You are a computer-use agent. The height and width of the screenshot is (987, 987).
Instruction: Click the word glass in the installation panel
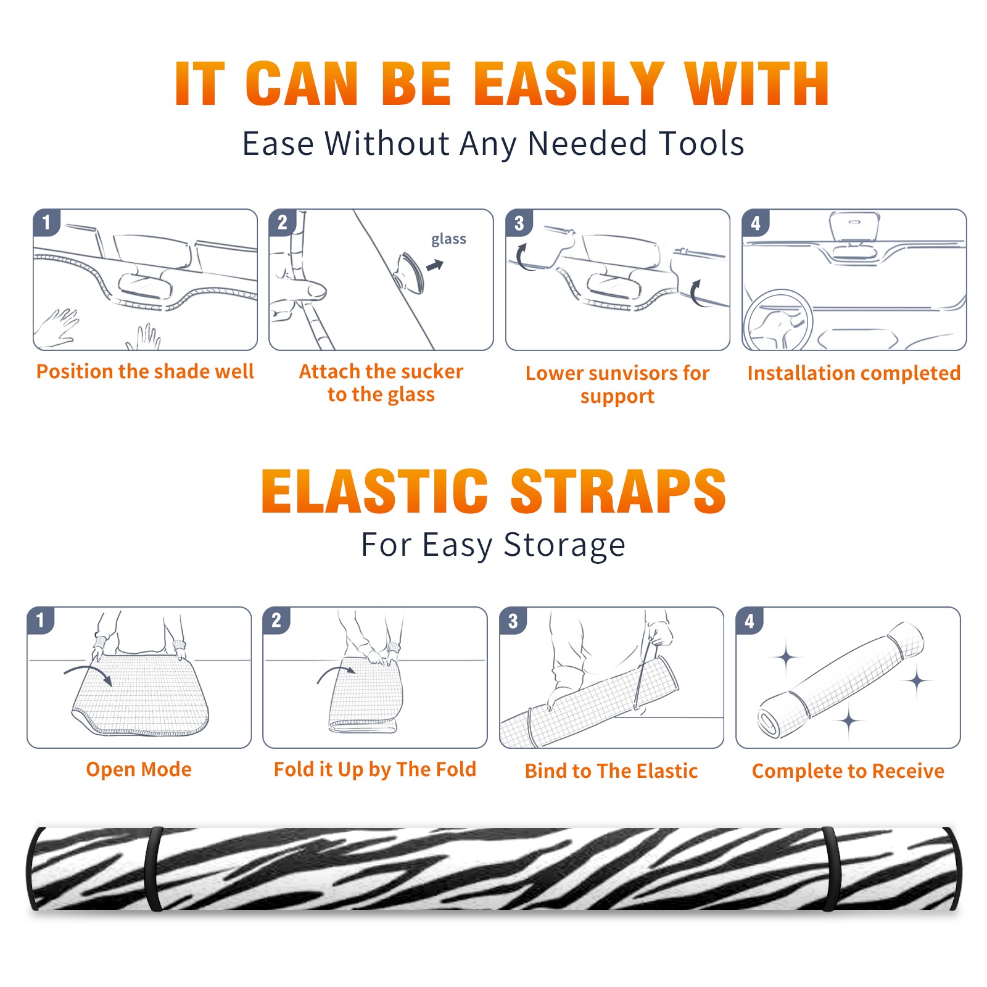tap(448, 239)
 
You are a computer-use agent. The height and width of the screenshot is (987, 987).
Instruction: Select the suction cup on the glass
tap(410, 272)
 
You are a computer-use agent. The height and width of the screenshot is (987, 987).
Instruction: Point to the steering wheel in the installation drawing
tap(777, 321)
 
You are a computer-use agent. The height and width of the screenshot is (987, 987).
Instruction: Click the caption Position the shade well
tap(145, 371)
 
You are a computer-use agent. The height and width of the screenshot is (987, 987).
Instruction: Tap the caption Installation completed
tap(854, 373)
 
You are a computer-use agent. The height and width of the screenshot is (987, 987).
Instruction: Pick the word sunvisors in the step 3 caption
tap(632, 373)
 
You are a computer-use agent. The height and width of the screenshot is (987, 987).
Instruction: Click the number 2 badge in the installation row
tap(283, 223)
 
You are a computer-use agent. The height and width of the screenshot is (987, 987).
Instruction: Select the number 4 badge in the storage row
tap(750, 621)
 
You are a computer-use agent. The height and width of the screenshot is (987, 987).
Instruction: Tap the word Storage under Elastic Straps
tap(564, 545)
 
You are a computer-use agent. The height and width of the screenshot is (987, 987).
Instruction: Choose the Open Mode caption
tap(139, 769)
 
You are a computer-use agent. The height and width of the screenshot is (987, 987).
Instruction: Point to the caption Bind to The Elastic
tap(611, 771)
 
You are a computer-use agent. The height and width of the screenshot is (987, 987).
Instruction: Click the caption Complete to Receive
tap(848, 771)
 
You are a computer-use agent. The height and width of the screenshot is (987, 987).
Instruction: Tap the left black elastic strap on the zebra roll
tap(154, 869)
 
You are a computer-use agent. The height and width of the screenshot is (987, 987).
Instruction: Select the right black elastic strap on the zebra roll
tap(830, 869)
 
